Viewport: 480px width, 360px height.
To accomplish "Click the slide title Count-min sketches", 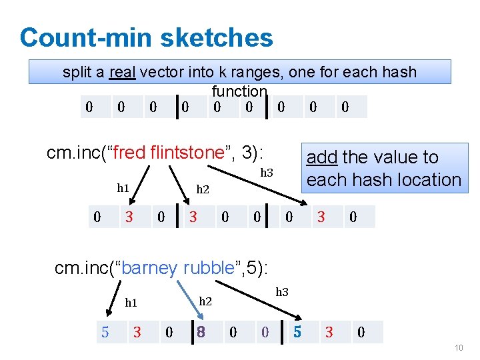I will tap(146, 37).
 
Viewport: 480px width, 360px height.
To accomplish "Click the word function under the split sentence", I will tap(239, 91).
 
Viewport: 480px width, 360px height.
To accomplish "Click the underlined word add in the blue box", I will tap(321, 157).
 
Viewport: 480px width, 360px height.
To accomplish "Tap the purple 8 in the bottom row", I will tap(200, 331).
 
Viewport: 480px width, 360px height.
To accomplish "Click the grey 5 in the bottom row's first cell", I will tap(105, 331).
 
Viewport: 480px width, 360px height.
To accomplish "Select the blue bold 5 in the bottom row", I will tap(298, 331).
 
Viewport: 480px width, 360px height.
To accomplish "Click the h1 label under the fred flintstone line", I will tap(123, 188).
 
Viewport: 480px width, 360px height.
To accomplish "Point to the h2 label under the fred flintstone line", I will tap(203, 190).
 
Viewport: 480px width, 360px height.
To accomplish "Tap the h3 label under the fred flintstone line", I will tap(267, 173).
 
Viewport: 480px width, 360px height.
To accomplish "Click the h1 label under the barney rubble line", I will tap(131, 303).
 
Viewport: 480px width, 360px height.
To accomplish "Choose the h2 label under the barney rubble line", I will tap(205, 301).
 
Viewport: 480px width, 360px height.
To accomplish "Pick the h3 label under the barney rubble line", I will tap(282, 291).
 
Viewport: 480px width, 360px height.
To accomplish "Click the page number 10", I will tap(457, 348).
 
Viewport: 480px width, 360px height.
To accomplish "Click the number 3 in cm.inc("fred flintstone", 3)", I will tap(249, 153).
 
